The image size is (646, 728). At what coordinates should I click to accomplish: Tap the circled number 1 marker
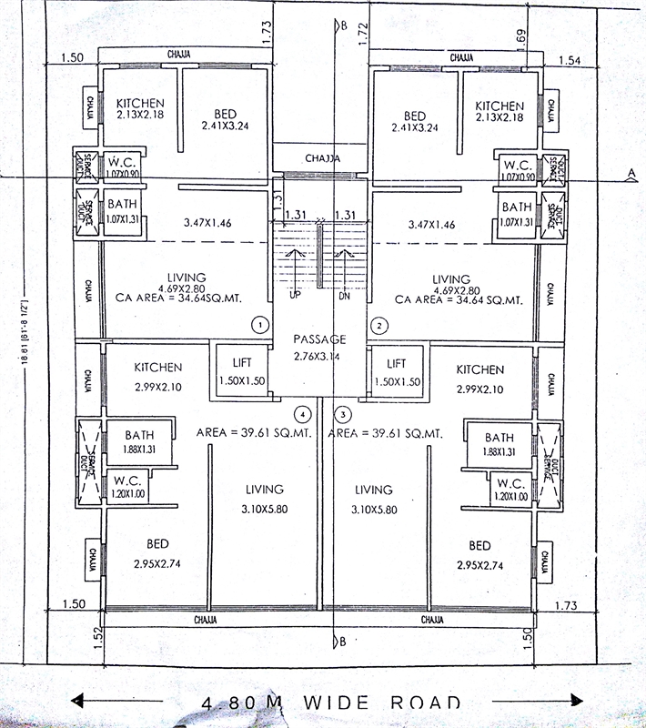260,324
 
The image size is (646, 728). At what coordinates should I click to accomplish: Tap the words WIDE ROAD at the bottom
389,703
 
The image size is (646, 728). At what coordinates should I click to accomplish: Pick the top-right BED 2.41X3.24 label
414,122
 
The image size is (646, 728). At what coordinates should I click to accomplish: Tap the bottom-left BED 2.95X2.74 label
157,554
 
